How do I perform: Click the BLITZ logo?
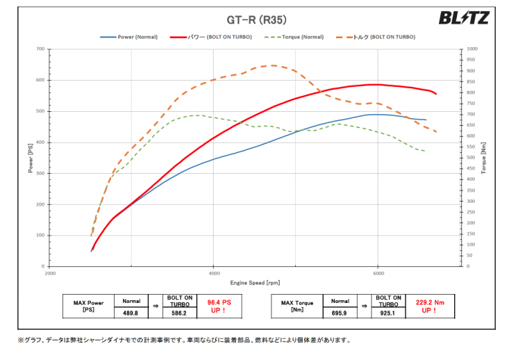(x=463, y=18)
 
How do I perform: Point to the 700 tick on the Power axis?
(x=40, y=49)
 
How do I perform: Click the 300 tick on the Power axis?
(x=40, y=173)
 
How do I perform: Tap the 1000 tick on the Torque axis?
(x=472, y=49)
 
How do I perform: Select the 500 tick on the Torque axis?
(x=472, y=158)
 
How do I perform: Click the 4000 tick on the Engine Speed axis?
(x=214, y=273)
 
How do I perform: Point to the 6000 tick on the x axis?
(x=377, y=273)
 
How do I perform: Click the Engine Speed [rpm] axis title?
(x=254, y=284)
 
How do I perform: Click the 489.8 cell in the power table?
(x=131, y=313)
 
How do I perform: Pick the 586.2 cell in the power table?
(x=179, y=313)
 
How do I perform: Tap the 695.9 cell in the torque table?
(x=340, y=313)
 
